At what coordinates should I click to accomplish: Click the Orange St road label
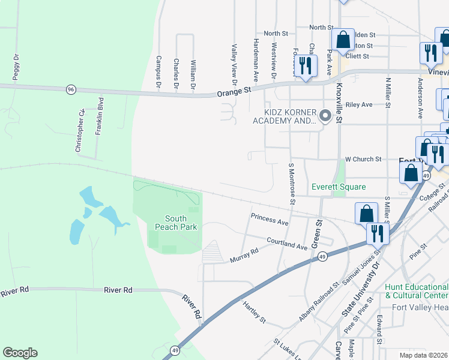(233, 92)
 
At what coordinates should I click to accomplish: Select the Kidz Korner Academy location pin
(325, 115)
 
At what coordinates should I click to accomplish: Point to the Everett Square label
(339, 187)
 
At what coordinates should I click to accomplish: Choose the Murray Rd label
(244, 255)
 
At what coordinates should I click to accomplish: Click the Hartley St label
(254, 312)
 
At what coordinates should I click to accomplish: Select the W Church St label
(363, 159)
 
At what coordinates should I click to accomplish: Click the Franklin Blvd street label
(101, 116)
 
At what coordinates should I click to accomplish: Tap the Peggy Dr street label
(16, 67)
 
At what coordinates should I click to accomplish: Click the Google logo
(20, 353)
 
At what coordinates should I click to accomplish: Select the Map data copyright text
(424, 355)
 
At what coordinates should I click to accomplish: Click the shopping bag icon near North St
(342, 40)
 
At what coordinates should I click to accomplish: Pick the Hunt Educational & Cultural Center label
(416, 292)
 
